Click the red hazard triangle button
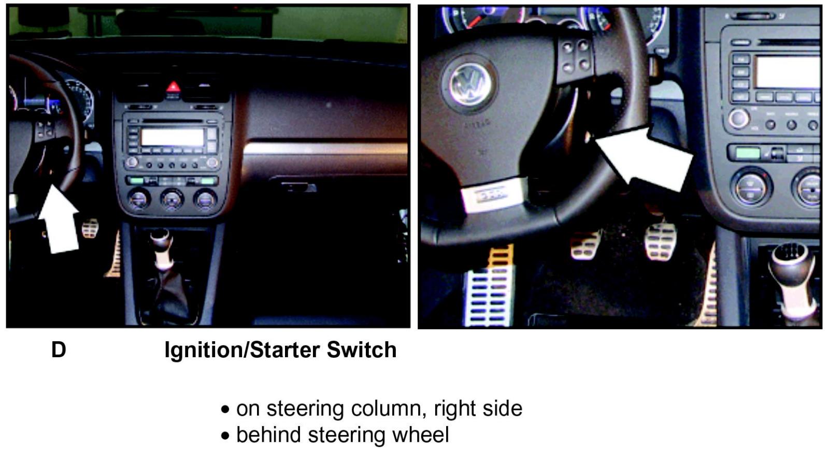point(173,88)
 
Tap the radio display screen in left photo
point(172,137)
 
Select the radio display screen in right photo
point(788,72)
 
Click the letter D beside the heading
point(59,349)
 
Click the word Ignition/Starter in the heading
point(242,349)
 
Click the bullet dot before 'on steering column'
point(225,410)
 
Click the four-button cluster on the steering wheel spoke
point(575,56)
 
